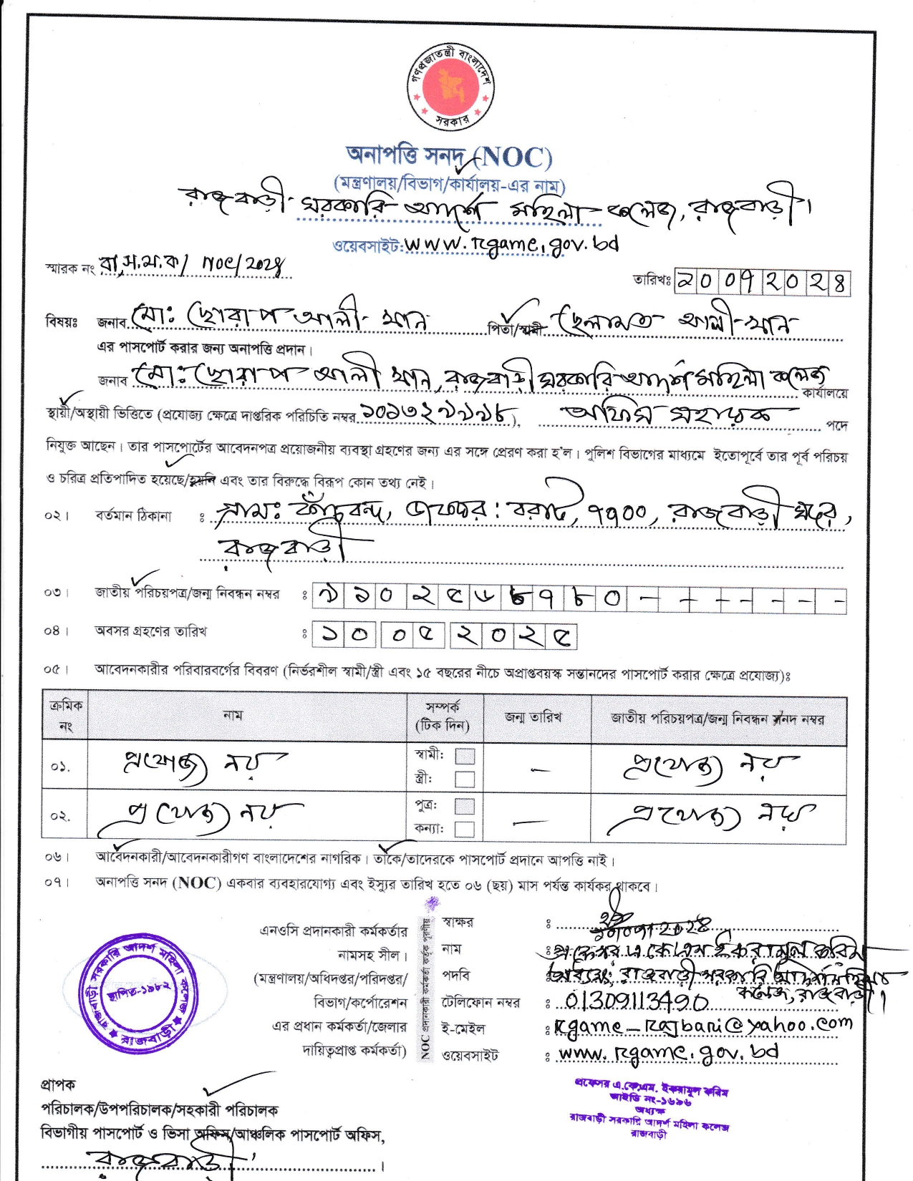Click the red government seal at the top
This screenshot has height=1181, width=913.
450,87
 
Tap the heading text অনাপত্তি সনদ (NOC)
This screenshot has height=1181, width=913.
448,156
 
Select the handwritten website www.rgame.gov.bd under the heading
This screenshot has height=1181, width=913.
511,244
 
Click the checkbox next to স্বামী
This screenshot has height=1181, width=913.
465,756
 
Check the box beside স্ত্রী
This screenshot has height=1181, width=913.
465,779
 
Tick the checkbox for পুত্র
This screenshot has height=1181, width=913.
465,806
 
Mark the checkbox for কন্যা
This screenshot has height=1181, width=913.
465,829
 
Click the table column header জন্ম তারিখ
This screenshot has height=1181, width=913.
533,717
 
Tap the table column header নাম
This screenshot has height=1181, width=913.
233,715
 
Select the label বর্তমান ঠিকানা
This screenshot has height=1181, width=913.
133,515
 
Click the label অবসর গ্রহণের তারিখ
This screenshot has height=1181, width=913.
151,631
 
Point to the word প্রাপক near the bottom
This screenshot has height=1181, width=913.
58,1085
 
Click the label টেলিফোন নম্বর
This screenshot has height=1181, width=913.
480,1002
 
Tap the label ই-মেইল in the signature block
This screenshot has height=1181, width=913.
463,1029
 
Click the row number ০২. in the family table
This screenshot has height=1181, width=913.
61,816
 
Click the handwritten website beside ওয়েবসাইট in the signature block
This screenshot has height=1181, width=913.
668,1052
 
